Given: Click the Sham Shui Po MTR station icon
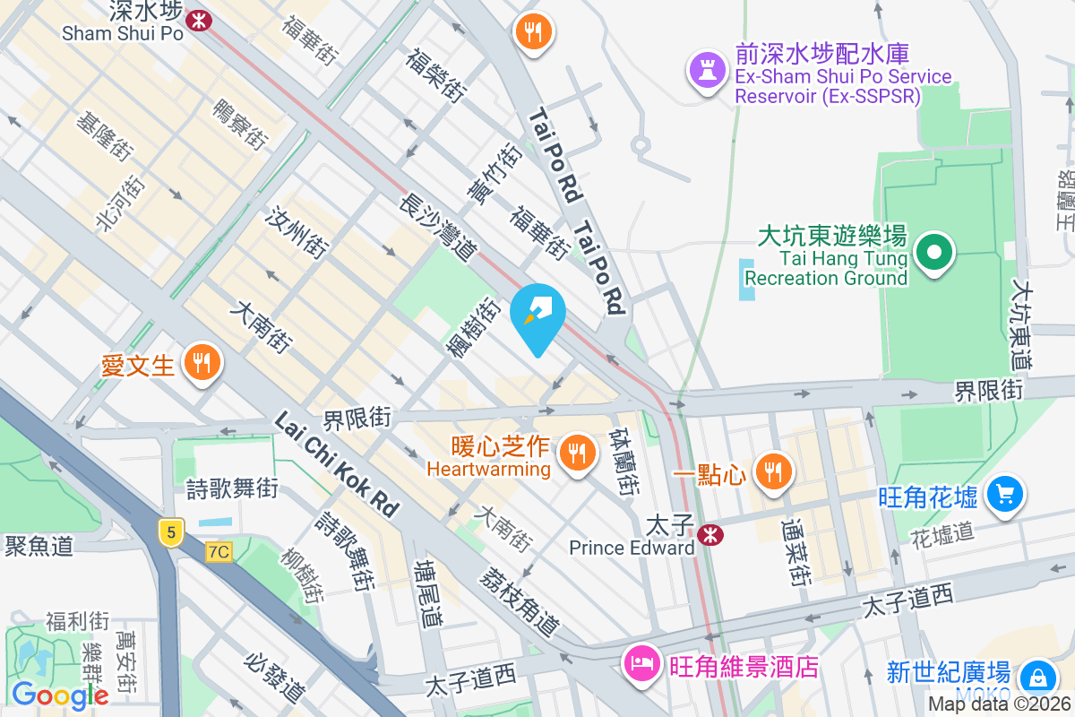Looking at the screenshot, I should (x=199, y=18).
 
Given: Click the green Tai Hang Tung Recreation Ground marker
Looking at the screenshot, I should (x=934, y=252).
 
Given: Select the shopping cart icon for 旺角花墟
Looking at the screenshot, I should (x=1004, y=493).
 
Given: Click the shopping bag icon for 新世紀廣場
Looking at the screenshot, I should (x=1038, y=676).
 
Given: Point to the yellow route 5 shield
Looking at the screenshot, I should (x=170, y=531).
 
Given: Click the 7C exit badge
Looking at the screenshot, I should (x=218, y=551).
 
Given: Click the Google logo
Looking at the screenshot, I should (x=59, y=694).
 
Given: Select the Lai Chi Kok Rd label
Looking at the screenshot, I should (x=336, y=464).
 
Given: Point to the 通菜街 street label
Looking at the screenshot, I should (x=794, y=549).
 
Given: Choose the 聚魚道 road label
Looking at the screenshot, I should (x=39, y=546).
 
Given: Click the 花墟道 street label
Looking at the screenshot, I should (x=942, y=534).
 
